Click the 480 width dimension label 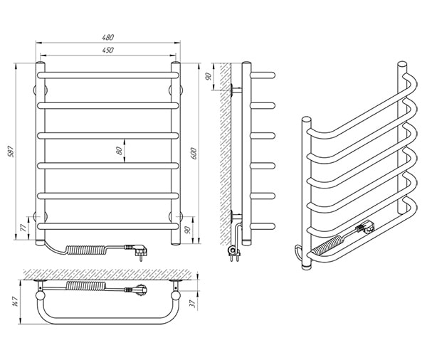pyautogui.click(x=108, y=37)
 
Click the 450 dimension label pyautogui.click(x=108, y=50)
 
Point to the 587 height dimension pyautogui.click(x=11, y=152)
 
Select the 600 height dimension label pyautogui.click(x=193, y=153)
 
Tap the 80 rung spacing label pyautogui.click(x=119, y=151)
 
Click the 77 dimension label pyautogui.click(x=23, y=228)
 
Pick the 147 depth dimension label pyautogui.click(x=15, y=301)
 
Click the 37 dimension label pyautogui.click(x=193, y=303)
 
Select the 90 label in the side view pyautogui.click(x=209, y=77)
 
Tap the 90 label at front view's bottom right pyautogui.click(x=187, y=230)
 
